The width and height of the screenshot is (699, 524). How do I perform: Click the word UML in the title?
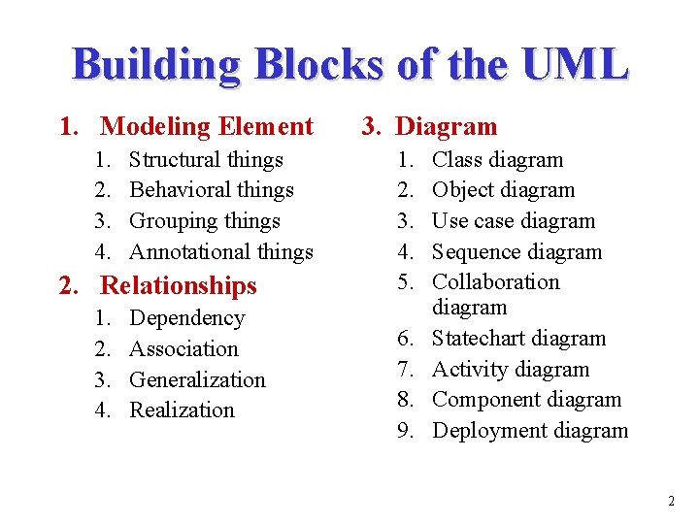click(575, 65)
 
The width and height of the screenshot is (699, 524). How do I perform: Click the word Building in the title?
click(157, 65)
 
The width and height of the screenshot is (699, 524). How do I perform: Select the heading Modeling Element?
click(207, 126)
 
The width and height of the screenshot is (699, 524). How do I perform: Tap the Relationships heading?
click(179, 285)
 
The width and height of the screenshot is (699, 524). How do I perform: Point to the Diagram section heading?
click(447, 126)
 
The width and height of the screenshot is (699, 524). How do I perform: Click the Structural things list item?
click(206, 159)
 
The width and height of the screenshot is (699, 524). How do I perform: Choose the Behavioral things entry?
click(211, 190)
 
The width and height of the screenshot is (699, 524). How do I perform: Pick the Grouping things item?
click(204, 221)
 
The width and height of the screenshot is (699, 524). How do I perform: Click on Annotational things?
click(221, 252)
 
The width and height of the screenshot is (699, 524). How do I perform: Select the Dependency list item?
click(187, 318)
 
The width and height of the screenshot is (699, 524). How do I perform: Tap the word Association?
click(183, 349)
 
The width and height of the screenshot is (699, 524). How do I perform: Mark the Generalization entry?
click(197, 379)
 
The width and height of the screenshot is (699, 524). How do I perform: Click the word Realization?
click(182, 410)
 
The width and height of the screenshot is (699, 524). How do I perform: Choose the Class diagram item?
click(497, 159)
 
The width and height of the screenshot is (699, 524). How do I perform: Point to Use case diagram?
click(514, 221)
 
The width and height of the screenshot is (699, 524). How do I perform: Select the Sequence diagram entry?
click(516, 252)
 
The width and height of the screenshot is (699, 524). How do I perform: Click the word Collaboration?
click(496, 282)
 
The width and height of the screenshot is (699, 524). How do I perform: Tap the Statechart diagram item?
click(518, 339)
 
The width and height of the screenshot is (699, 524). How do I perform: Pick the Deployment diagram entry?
click(530, 431)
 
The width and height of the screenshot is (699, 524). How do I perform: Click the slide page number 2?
click(671, 502)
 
